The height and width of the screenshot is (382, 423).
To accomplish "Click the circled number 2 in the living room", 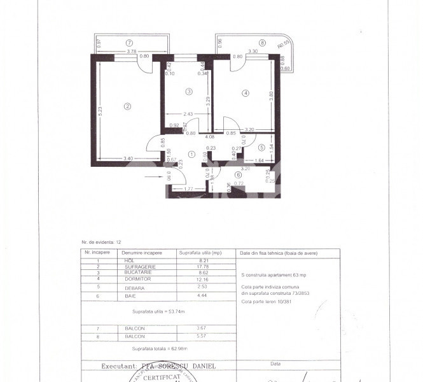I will [x=127, y=106].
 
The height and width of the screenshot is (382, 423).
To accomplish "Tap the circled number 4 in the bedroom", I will [x=246, y=94].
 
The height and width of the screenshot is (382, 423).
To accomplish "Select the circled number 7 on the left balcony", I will [x=129, y=43].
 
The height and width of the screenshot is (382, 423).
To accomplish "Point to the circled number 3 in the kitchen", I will [x=188, y=92].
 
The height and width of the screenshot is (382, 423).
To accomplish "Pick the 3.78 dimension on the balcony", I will [x=132, y=51].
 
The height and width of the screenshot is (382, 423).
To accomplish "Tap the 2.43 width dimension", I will [x=188, y=115].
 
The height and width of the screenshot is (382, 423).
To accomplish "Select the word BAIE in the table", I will [x=132, y=295].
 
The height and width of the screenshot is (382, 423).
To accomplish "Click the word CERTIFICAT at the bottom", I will [x=161, y=378].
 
